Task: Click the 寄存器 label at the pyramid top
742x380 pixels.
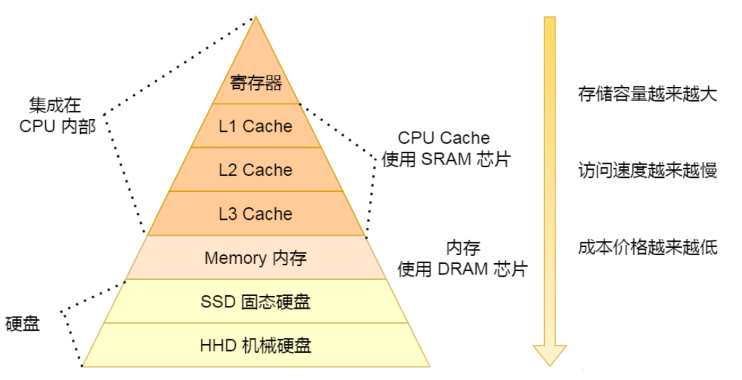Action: point(256,83)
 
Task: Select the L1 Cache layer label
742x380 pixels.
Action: point(255,127)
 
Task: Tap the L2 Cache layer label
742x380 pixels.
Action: point(255,170)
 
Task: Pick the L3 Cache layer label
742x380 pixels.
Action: point(255,214)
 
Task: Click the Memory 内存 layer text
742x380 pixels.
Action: point(255,258)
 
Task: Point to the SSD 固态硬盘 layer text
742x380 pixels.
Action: point(255,302)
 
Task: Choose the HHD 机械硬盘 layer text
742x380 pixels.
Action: point(255,346)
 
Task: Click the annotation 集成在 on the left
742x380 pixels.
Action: point(55,106)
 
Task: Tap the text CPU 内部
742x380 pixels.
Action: point(57,127)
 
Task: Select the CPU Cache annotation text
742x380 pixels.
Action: point(444,138)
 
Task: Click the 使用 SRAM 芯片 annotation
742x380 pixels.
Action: point(446,159)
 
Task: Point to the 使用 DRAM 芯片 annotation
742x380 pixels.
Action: point(462,270)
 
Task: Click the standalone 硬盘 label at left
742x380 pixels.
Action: point(22,324)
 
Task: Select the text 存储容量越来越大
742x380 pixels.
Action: point(647,94)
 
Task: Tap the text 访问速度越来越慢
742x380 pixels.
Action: point(647,171)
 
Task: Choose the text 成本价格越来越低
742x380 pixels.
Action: point(647,247)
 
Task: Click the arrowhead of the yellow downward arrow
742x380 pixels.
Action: point(550,355)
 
